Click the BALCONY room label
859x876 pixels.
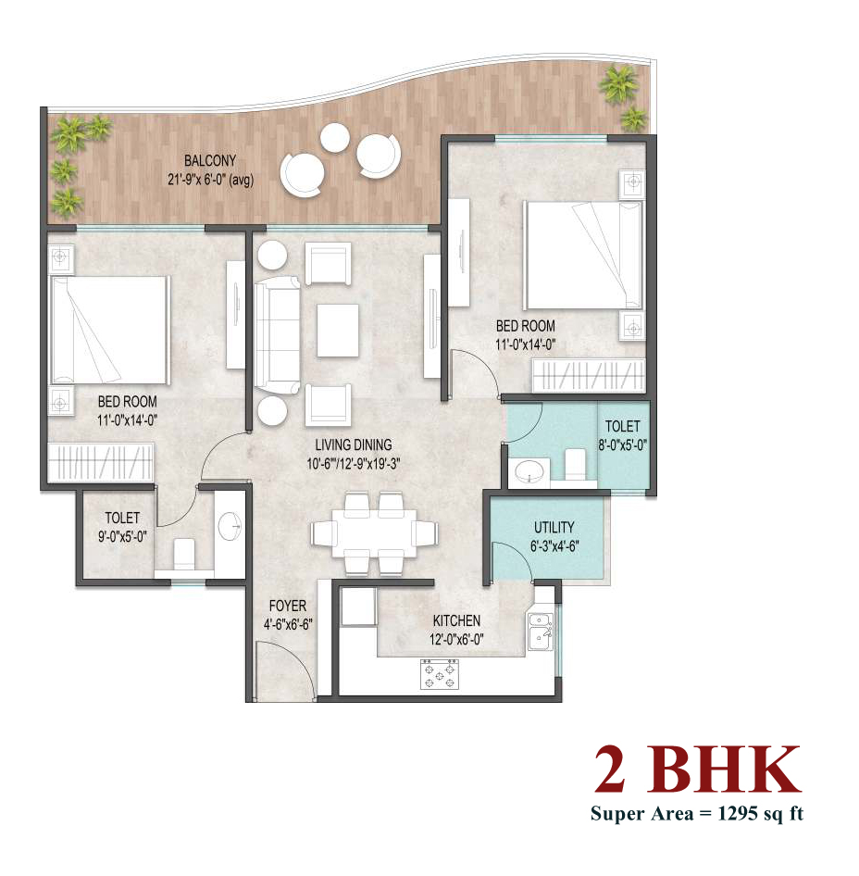210,161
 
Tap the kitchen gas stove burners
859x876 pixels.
440,674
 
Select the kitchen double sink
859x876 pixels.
541,632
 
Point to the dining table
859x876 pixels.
374,532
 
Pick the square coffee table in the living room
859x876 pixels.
338,331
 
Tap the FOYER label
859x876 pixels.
288,606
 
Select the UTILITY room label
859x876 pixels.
554,528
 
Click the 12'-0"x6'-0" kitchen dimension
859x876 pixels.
456,639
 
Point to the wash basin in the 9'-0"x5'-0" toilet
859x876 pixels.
229,526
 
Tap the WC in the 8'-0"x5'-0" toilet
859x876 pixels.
575,464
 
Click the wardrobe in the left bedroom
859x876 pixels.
101,461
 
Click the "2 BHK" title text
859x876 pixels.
698,770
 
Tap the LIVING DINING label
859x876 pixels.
354,444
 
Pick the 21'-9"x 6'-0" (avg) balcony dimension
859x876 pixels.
210,180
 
